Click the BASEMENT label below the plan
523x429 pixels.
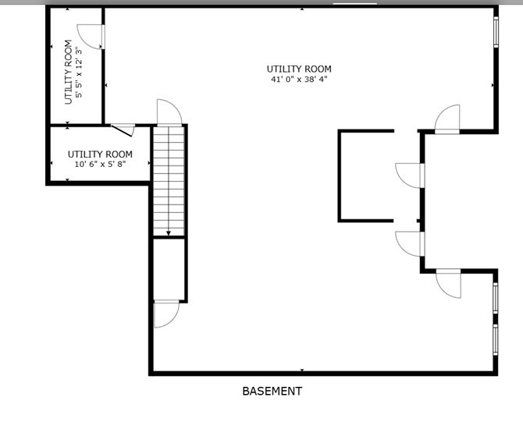coord(272,392)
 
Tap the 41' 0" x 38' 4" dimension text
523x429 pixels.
coord(299,80)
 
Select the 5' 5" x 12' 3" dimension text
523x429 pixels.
coord(79,73)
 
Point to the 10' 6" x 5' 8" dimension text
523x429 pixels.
coord(100,165)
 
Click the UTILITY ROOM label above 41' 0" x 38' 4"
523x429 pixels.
coord(299,69)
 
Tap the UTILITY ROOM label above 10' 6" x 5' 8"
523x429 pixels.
coord(100,154)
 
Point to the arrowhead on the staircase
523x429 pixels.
coord(168,232)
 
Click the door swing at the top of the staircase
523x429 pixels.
coord(169,112)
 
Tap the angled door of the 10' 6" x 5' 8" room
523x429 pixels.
coord(123,129)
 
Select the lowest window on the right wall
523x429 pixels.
coord(496,339)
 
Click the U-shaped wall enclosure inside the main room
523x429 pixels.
coord(365,175)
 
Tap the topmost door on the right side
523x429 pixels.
coord(447,119)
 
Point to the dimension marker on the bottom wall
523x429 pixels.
coord(302,370)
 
